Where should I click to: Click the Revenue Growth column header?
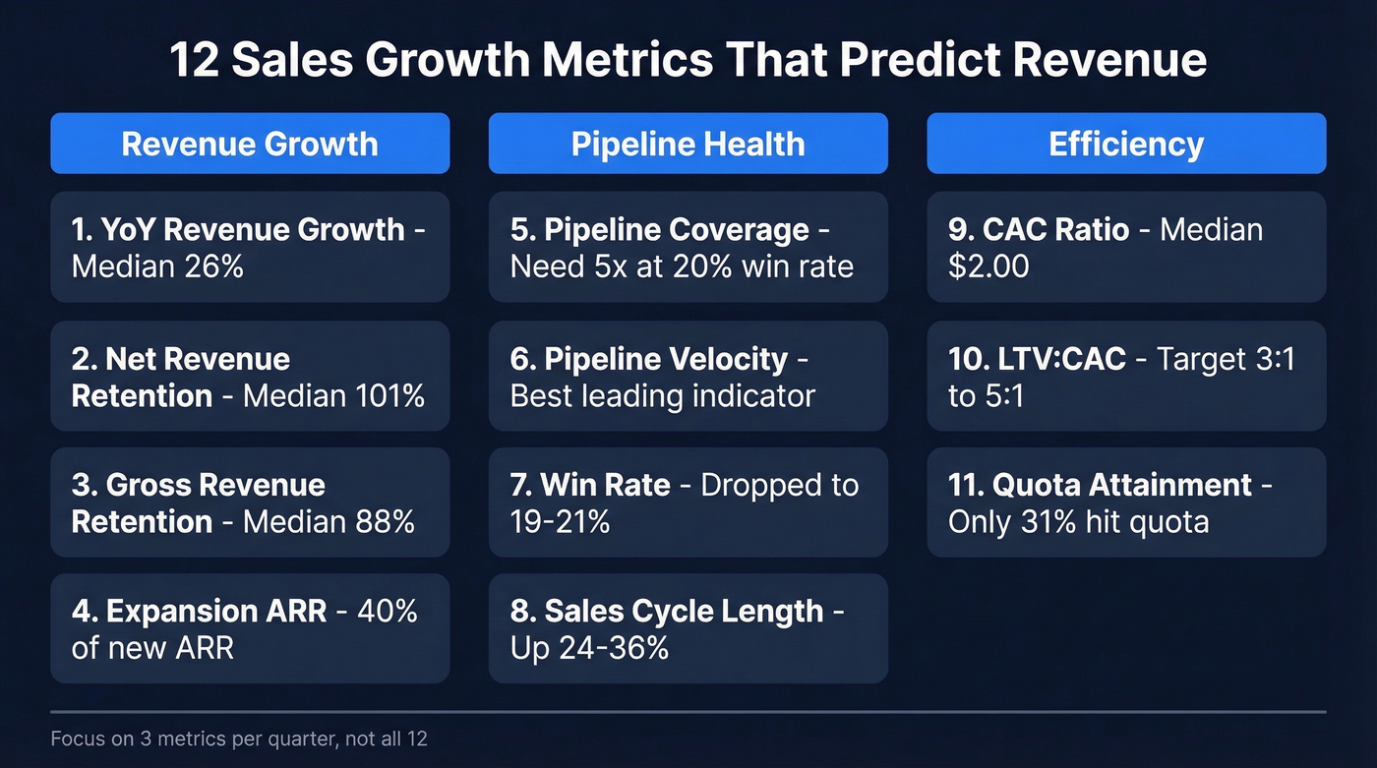tap(250, 144)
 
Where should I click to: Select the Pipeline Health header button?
tap(688, 144)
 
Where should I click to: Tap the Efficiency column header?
tap(1126, 144)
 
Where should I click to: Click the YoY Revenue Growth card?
tap(250, 247)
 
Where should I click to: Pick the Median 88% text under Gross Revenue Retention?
tap(329, 521)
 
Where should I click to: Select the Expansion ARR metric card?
tap(250, 628)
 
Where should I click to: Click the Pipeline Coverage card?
tap(688, 247)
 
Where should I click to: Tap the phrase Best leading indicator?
tap(662, 395)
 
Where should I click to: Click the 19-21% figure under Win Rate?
tap(560, 521)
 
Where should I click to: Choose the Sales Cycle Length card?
tap(688, 628)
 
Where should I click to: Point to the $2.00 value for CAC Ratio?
tap(988, 266)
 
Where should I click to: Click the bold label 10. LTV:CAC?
tap(1037, 359)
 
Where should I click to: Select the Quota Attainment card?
tap(1126, 502)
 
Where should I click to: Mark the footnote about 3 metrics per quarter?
tap(239, 738)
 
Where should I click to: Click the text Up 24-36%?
tap(589, 647)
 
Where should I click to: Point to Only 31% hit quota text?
tap(1078, 521)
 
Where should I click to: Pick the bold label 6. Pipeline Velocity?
tap(649, 359)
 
